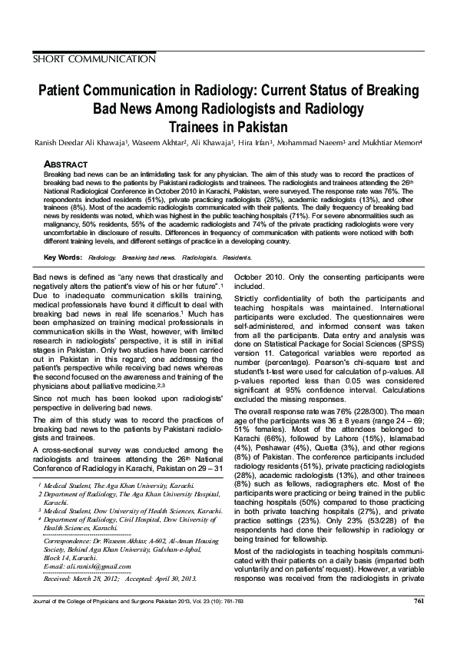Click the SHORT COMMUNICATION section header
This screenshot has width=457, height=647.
tap(91, 58)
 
